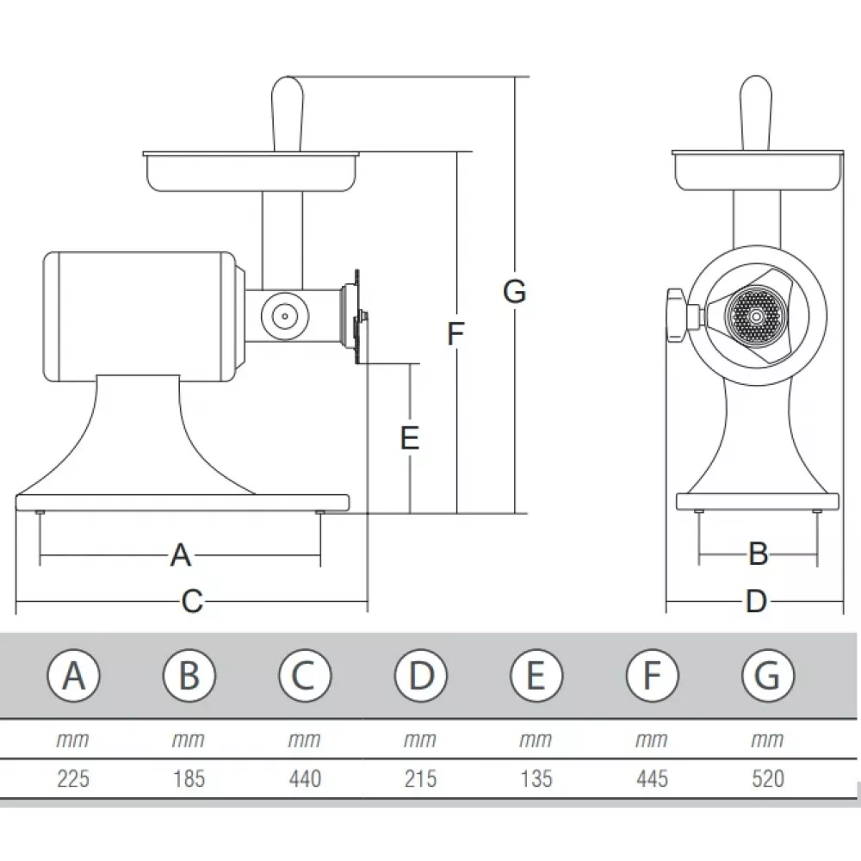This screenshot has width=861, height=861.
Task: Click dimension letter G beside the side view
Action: pyautogui.click(x=514, y=293)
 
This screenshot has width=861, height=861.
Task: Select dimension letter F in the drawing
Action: pyautogui.click(x=456, y=333)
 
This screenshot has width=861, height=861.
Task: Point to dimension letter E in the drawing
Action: pyautogui.click(x=410, y=438)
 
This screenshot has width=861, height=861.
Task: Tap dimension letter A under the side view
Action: pyautogui.click(x=180, y=555)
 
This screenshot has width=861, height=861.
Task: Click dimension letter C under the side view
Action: pyautogui.click(x=192, y=601)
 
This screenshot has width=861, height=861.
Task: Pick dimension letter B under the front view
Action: pyautogui.click(x=758, y=554)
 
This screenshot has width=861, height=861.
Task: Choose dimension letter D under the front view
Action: pyautogui.click(x=756, y=601)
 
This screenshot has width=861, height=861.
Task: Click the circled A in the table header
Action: pyautogui.click(x=74, y=676)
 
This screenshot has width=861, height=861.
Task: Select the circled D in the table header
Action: pyautogui.click(x=420, y=676)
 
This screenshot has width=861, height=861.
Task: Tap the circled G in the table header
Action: pyautogui.click(x=766, y=676)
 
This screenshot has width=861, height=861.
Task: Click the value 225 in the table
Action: pyautogui.click(x=73, y=779)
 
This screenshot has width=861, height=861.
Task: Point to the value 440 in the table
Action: pyautogui.click(x=305, y=779)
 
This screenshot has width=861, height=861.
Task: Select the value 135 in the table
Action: pyautogui.click(x=536, y=779)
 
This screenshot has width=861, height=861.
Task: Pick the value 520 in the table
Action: pyautogui.click(x=767, y=779)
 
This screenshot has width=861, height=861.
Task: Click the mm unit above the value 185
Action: pyautogui.click(x=189, y=740)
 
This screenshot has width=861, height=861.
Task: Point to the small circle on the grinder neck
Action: pyautogui.click(x=284, y=316)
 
